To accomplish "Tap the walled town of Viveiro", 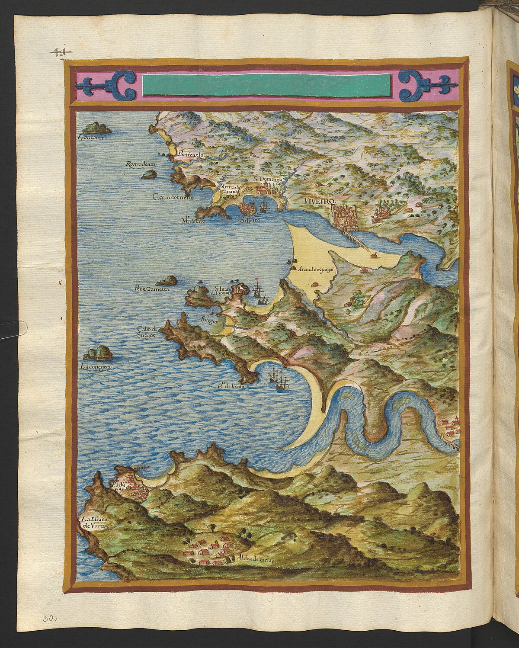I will tap(344, 218).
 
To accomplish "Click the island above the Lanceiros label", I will tap(97, 128).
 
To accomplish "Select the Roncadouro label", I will tap(140, 164).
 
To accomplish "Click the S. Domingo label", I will tap(267, 178).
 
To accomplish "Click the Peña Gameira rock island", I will tap(167, 280).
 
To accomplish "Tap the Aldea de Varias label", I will tap(255, 558).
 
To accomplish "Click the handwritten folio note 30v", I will tap(50, 619).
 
